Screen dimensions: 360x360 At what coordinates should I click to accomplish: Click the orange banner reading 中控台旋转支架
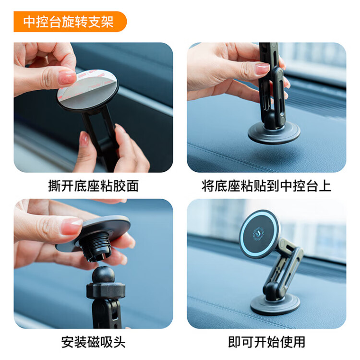click(70, 22)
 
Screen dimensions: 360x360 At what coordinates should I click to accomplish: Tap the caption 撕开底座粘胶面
click(93, 186)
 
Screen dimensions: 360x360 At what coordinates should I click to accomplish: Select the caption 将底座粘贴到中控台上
click(266, 186)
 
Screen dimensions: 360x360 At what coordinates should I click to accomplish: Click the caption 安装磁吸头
click(93, 342)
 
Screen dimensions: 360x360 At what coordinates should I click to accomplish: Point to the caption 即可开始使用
click(266, 342)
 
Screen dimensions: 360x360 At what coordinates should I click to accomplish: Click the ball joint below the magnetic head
click(103, 275)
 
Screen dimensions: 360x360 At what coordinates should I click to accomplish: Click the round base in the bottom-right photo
click(275, 304)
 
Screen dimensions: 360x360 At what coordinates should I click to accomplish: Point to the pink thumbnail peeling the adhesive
click(67, 78)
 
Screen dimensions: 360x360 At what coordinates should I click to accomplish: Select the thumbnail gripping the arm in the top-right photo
click(262, 68)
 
